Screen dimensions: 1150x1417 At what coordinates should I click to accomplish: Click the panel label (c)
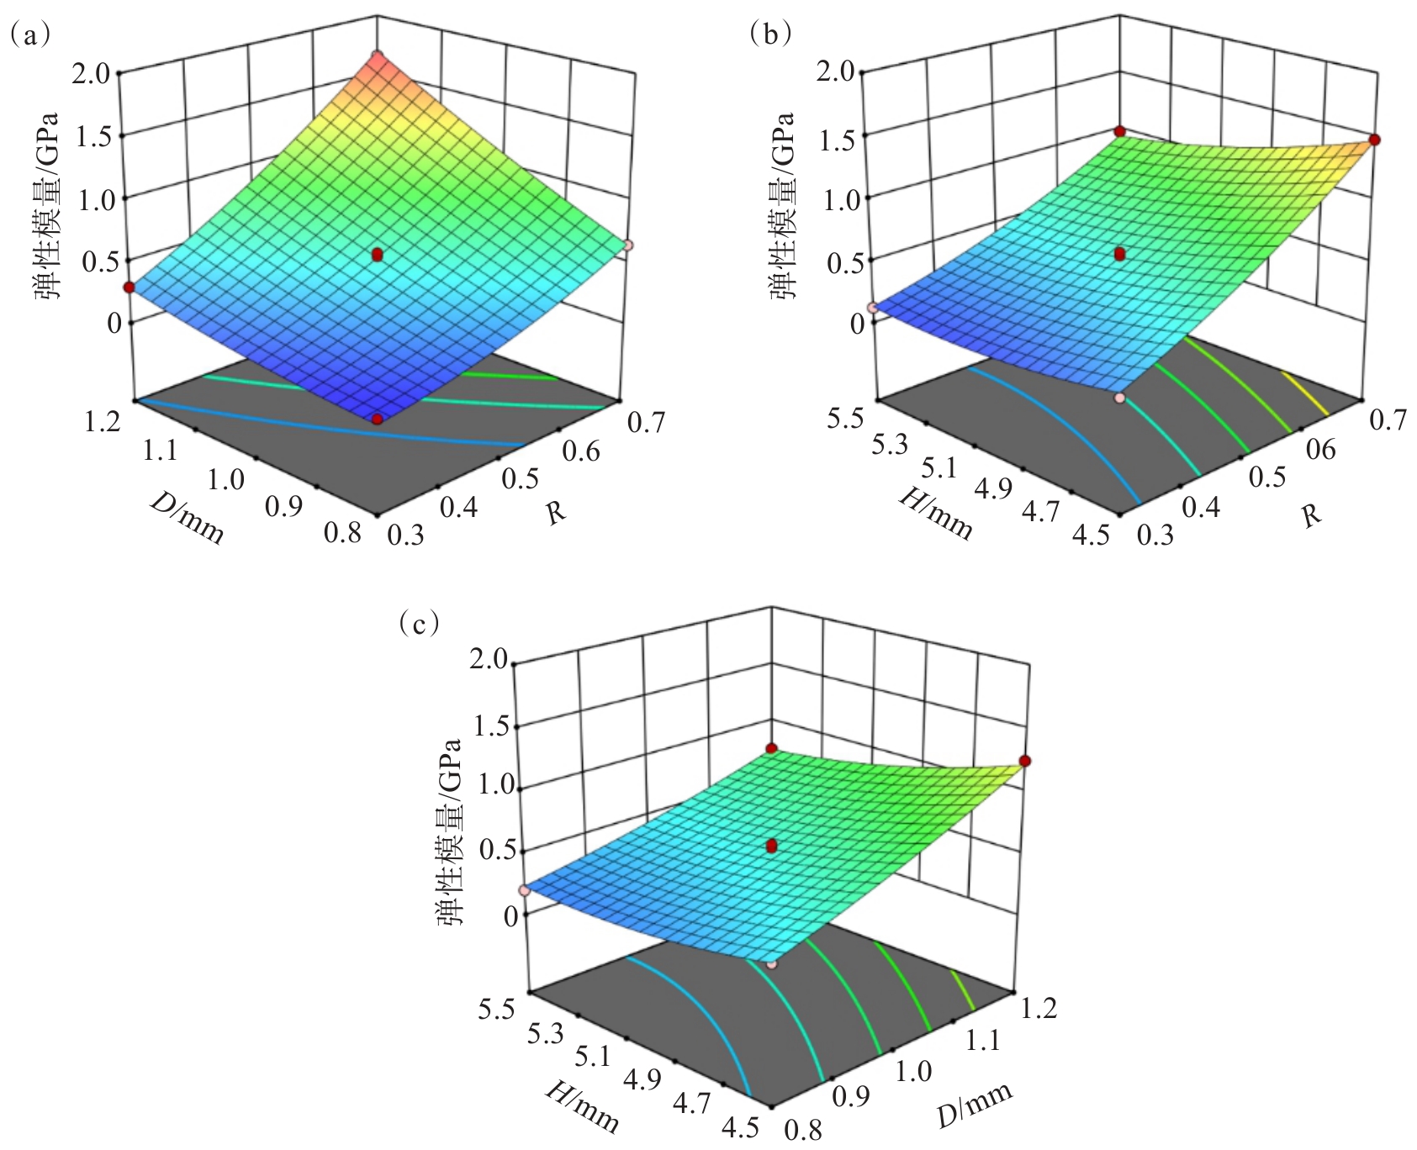point(418,623)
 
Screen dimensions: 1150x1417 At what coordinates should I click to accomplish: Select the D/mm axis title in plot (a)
point(187,519)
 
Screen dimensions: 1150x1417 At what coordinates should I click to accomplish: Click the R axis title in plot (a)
point(555,513)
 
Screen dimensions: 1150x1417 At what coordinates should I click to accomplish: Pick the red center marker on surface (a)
point(377,254)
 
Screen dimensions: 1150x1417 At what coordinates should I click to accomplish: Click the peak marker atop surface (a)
point(378,56)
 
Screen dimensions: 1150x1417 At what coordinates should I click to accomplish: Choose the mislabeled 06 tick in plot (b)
point(1319,450)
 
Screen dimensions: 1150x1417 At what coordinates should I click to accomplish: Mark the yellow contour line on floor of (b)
point(1304,393)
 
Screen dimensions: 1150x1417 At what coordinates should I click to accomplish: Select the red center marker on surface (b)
point(1119,254)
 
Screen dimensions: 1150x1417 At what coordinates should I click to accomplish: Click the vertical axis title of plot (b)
point(782,205)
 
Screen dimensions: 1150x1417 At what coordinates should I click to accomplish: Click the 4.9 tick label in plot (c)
point(642,1079)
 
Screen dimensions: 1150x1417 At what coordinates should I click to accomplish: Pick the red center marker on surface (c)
point(773,847)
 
